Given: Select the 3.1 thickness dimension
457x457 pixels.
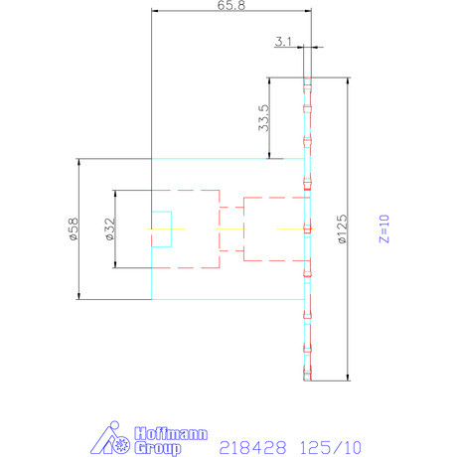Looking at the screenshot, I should tap(283, 41).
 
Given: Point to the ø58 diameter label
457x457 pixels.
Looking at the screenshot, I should tap(72, 228).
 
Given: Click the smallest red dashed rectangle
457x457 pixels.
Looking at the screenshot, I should tap(229, 229).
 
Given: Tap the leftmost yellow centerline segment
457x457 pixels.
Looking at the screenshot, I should tap(159, 229).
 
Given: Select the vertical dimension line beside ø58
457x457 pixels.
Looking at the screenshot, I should tap(78, 228).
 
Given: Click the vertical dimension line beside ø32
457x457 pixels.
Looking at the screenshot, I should tap(117, 228).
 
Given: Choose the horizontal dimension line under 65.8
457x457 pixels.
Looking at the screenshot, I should tap(230, 11).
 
